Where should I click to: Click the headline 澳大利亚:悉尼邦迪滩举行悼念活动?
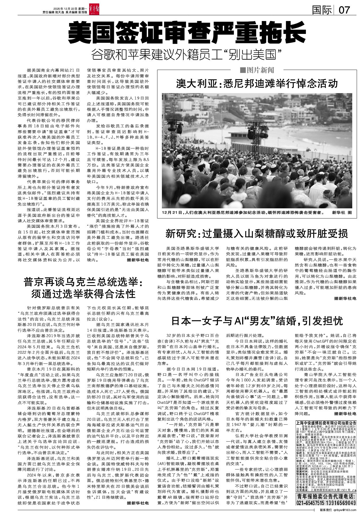coord(257,84)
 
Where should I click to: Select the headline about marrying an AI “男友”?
coord(257,321)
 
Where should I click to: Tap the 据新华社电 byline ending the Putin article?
coord(138,503)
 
